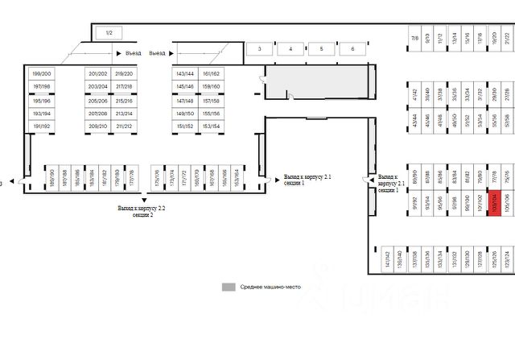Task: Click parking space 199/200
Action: (x=41, y=74)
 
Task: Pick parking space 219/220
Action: (x=124, y=74)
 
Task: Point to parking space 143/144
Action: (x=185, y=74)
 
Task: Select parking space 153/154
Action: (x=211, y=126)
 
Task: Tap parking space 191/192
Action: (x=41, y=126)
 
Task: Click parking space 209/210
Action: (x=98, y=126)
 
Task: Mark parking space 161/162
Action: (x=211, y=74)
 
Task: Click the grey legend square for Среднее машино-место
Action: (x=229, y=287)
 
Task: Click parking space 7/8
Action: (x=415, y=38)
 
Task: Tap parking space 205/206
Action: (x=98, y=101)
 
